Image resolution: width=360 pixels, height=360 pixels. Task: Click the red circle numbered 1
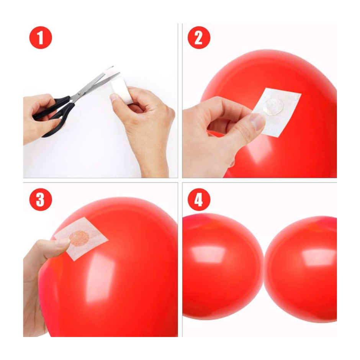tap(40, 38)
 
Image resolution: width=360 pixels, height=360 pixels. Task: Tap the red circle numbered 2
tap(199, 38)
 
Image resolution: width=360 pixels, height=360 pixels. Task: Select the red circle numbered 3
tap(40, 200)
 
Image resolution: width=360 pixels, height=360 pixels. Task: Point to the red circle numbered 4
tap(199, 200)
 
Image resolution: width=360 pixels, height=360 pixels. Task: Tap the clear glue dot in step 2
tap(273, 106)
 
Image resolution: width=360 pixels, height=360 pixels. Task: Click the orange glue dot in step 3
tap(79, 238)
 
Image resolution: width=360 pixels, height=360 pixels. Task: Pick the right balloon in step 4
tap(303, 268)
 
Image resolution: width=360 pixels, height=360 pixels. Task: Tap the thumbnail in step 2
tap(257, 122)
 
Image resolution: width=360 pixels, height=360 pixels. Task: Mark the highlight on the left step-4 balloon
tap(209, 255)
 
